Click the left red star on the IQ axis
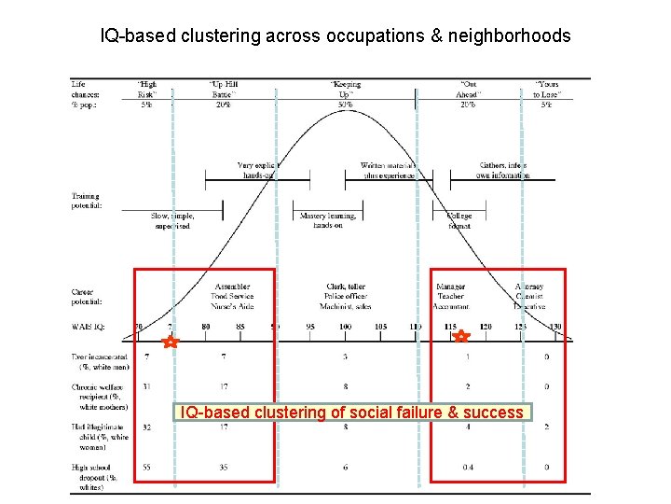pos(170,343)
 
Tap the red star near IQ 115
pos(461,337)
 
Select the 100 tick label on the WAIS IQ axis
pos(345,327)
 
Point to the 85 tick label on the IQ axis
pos(240,327)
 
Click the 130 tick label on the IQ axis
pos(555,327)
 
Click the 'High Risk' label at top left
pos(147,90)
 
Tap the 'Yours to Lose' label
pos(546,90)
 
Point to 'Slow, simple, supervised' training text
pos(171,220)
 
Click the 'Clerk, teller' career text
pos(346,287)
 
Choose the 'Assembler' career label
pos(232,287)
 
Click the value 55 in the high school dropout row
pos(147,467)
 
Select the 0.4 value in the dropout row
pos(468,467)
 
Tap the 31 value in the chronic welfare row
pos(147,386)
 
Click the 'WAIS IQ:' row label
pos(89,328)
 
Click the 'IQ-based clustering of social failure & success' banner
pos(352,413)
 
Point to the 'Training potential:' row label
pos(90,201)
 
